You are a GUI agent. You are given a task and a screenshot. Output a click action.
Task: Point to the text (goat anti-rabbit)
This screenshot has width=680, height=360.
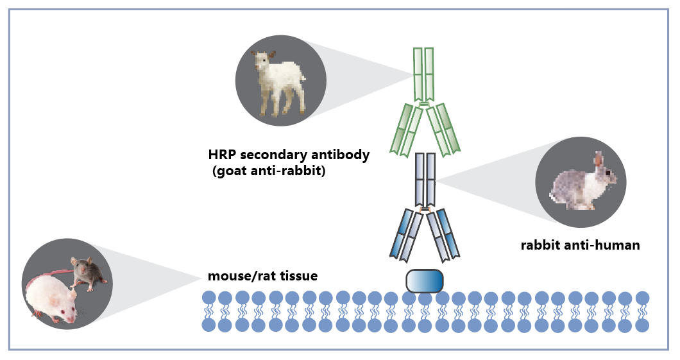pos(268,171)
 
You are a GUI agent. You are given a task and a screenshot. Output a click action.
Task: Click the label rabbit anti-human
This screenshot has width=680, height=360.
pos(580,244)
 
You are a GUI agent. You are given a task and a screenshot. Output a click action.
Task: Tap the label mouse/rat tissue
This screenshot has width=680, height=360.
pos(262,277)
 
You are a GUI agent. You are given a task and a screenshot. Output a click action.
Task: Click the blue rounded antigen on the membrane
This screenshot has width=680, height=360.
pos(424,281)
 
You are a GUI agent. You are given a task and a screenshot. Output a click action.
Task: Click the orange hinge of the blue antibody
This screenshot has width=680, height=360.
pos(424,210)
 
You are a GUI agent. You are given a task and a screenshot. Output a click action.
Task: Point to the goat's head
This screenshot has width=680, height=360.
pos(264,62)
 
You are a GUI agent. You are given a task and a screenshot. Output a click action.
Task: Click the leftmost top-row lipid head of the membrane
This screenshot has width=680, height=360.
pos(208,298)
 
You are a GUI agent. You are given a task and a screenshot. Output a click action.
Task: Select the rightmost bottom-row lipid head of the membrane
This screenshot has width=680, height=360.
pos(642,325)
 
